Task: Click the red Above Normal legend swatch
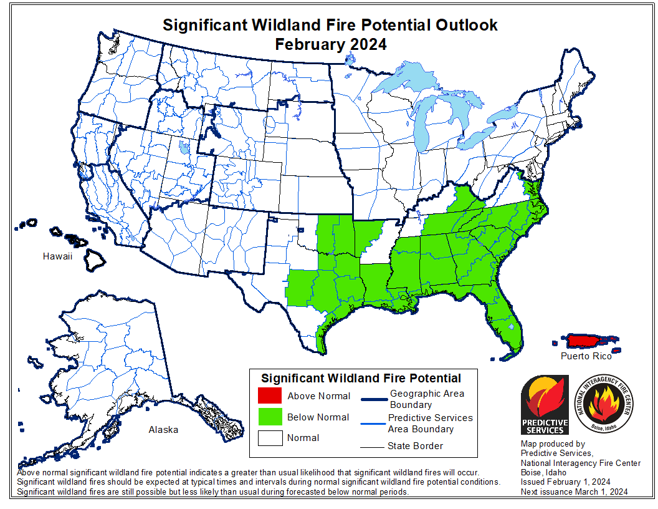[x=269, y=396]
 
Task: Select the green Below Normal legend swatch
[x=269, y=417]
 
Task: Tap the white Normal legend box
[x=269, y=437]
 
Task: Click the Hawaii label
[x=57, y=256]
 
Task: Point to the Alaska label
[x=163, y=430]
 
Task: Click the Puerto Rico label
[x=586, y=356]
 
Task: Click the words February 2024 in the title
[x=331, y=44]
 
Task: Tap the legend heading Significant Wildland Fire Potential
[x=361, y=378]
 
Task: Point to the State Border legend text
[x=415, y=446]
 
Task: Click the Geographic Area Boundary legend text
[x=427, y=399]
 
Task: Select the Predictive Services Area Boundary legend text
[x=430, y=423]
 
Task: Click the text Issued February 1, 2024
[x=565, y=482]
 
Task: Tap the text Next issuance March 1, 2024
[x=574, y=492]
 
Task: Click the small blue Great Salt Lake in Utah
[x=183, y=148]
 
